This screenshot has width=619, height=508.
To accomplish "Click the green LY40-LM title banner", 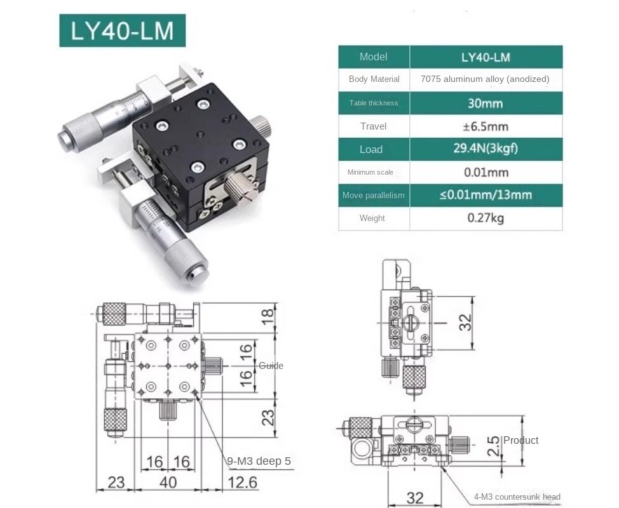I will [x=122, y=30].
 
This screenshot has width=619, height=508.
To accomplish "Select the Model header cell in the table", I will [x=373, y=57].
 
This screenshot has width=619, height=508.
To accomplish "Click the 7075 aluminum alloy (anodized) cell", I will [x=485, y=79].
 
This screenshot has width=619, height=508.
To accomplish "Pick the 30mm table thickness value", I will [x=485, y=103].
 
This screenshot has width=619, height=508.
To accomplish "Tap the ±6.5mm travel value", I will [x=485, y=126].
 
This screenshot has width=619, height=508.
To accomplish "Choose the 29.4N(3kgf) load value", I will [x=485, y=149].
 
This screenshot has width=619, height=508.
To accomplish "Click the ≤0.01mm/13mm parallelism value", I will [x=485, y=195].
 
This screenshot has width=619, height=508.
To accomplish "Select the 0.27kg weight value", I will [x=485, y=218].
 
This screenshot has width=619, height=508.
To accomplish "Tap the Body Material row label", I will [x=374, y=79].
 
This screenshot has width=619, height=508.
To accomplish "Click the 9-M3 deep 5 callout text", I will [x=259, y=461].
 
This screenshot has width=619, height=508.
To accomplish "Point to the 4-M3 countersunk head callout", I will [x=517, y=497].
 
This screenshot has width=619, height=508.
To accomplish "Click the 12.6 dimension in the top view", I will [x=242, y=483].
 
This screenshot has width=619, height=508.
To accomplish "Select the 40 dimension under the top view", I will [x=168, y=483].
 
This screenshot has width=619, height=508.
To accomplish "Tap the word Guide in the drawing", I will [x=271, y=366].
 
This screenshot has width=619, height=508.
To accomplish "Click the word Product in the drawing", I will [x=520, y=440].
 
